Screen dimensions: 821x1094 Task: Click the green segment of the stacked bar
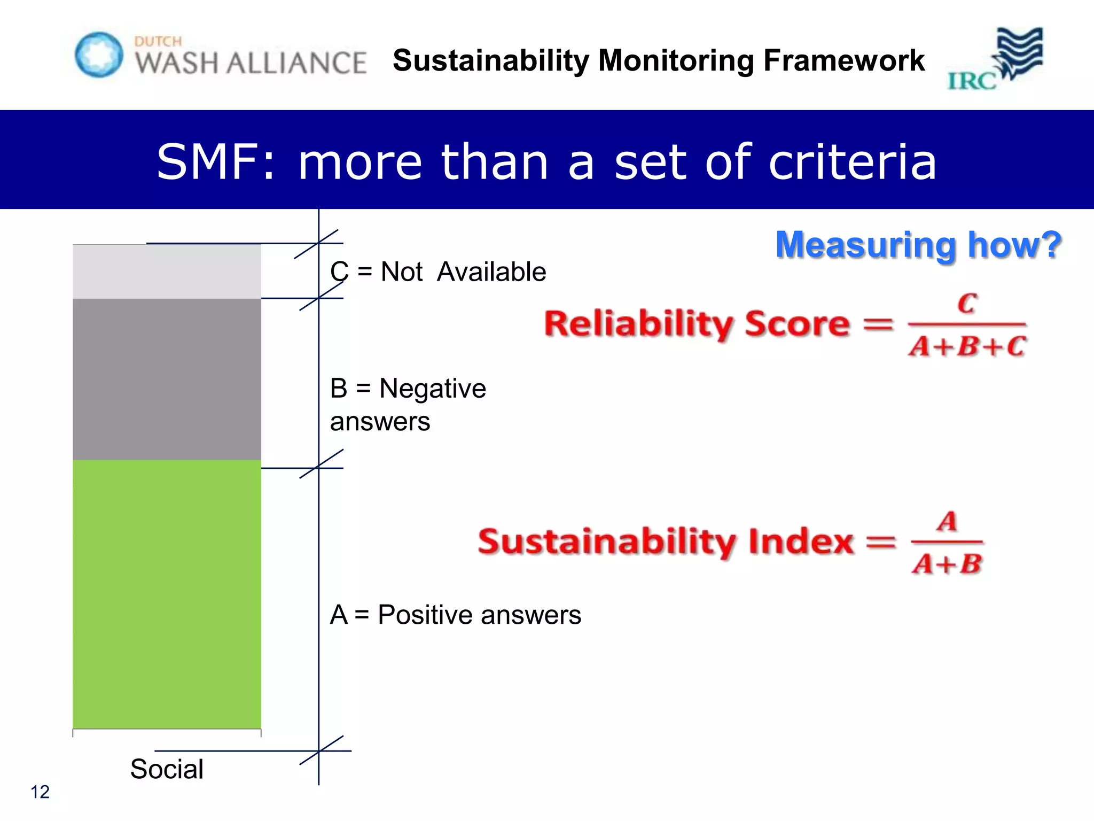tap(167, 593)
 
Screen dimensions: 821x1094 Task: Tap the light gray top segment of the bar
tap(167, 272)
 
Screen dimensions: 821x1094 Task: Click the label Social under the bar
tap(167, 769)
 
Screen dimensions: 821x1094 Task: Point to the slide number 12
tap(40, 792)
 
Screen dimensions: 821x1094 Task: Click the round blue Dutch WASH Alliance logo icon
tap(99, 55)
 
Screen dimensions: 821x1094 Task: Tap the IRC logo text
tap(972, 81)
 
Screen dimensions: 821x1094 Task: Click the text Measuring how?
tap(918, 245)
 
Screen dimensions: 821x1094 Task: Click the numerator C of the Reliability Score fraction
tap(967, 304)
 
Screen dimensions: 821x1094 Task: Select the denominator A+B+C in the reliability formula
tap(967, 346)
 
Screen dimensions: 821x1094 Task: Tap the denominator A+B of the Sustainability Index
tap(947, 563)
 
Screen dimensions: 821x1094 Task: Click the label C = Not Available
tap(438, 272)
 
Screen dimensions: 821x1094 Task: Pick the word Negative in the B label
tap(433, 388)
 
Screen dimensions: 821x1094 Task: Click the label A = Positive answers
tap(455, 615)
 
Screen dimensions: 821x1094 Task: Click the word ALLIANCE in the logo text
tap(296, 63)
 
